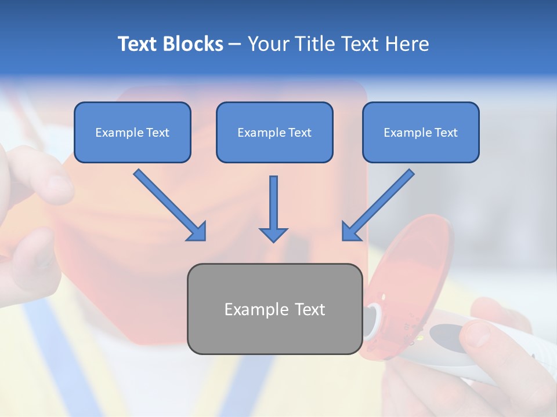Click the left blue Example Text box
pos(132,132)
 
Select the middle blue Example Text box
pos(274,132)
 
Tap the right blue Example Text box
pos(421,132)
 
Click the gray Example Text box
pos(274,309)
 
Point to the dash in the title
pos(235,44)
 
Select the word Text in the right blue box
pos(446,133)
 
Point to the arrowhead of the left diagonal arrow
pos(197,232)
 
